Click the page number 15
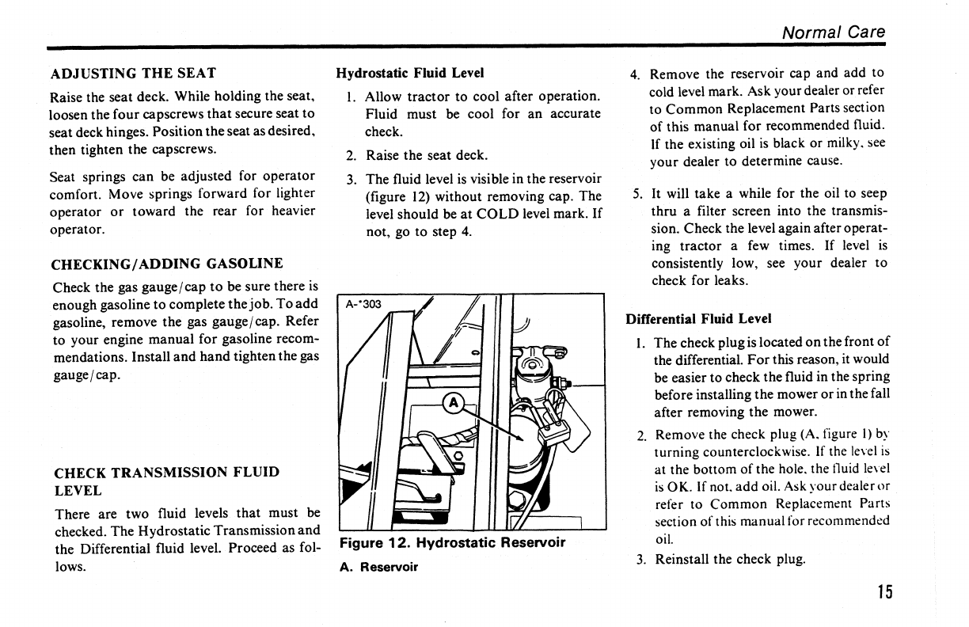884,592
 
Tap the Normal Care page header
833,32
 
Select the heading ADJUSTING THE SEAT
133,74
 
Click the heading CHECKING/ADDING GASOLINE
166,264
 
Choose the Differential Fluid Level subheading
698,319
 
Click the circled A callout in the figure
454,402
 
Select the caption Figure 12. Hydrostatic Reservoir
452,543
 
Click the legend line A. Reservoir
378,567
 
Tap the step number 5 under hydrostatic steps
636,194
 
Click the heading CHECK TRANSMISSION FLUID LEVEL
166,481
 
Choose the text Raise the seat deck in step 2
426,155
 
